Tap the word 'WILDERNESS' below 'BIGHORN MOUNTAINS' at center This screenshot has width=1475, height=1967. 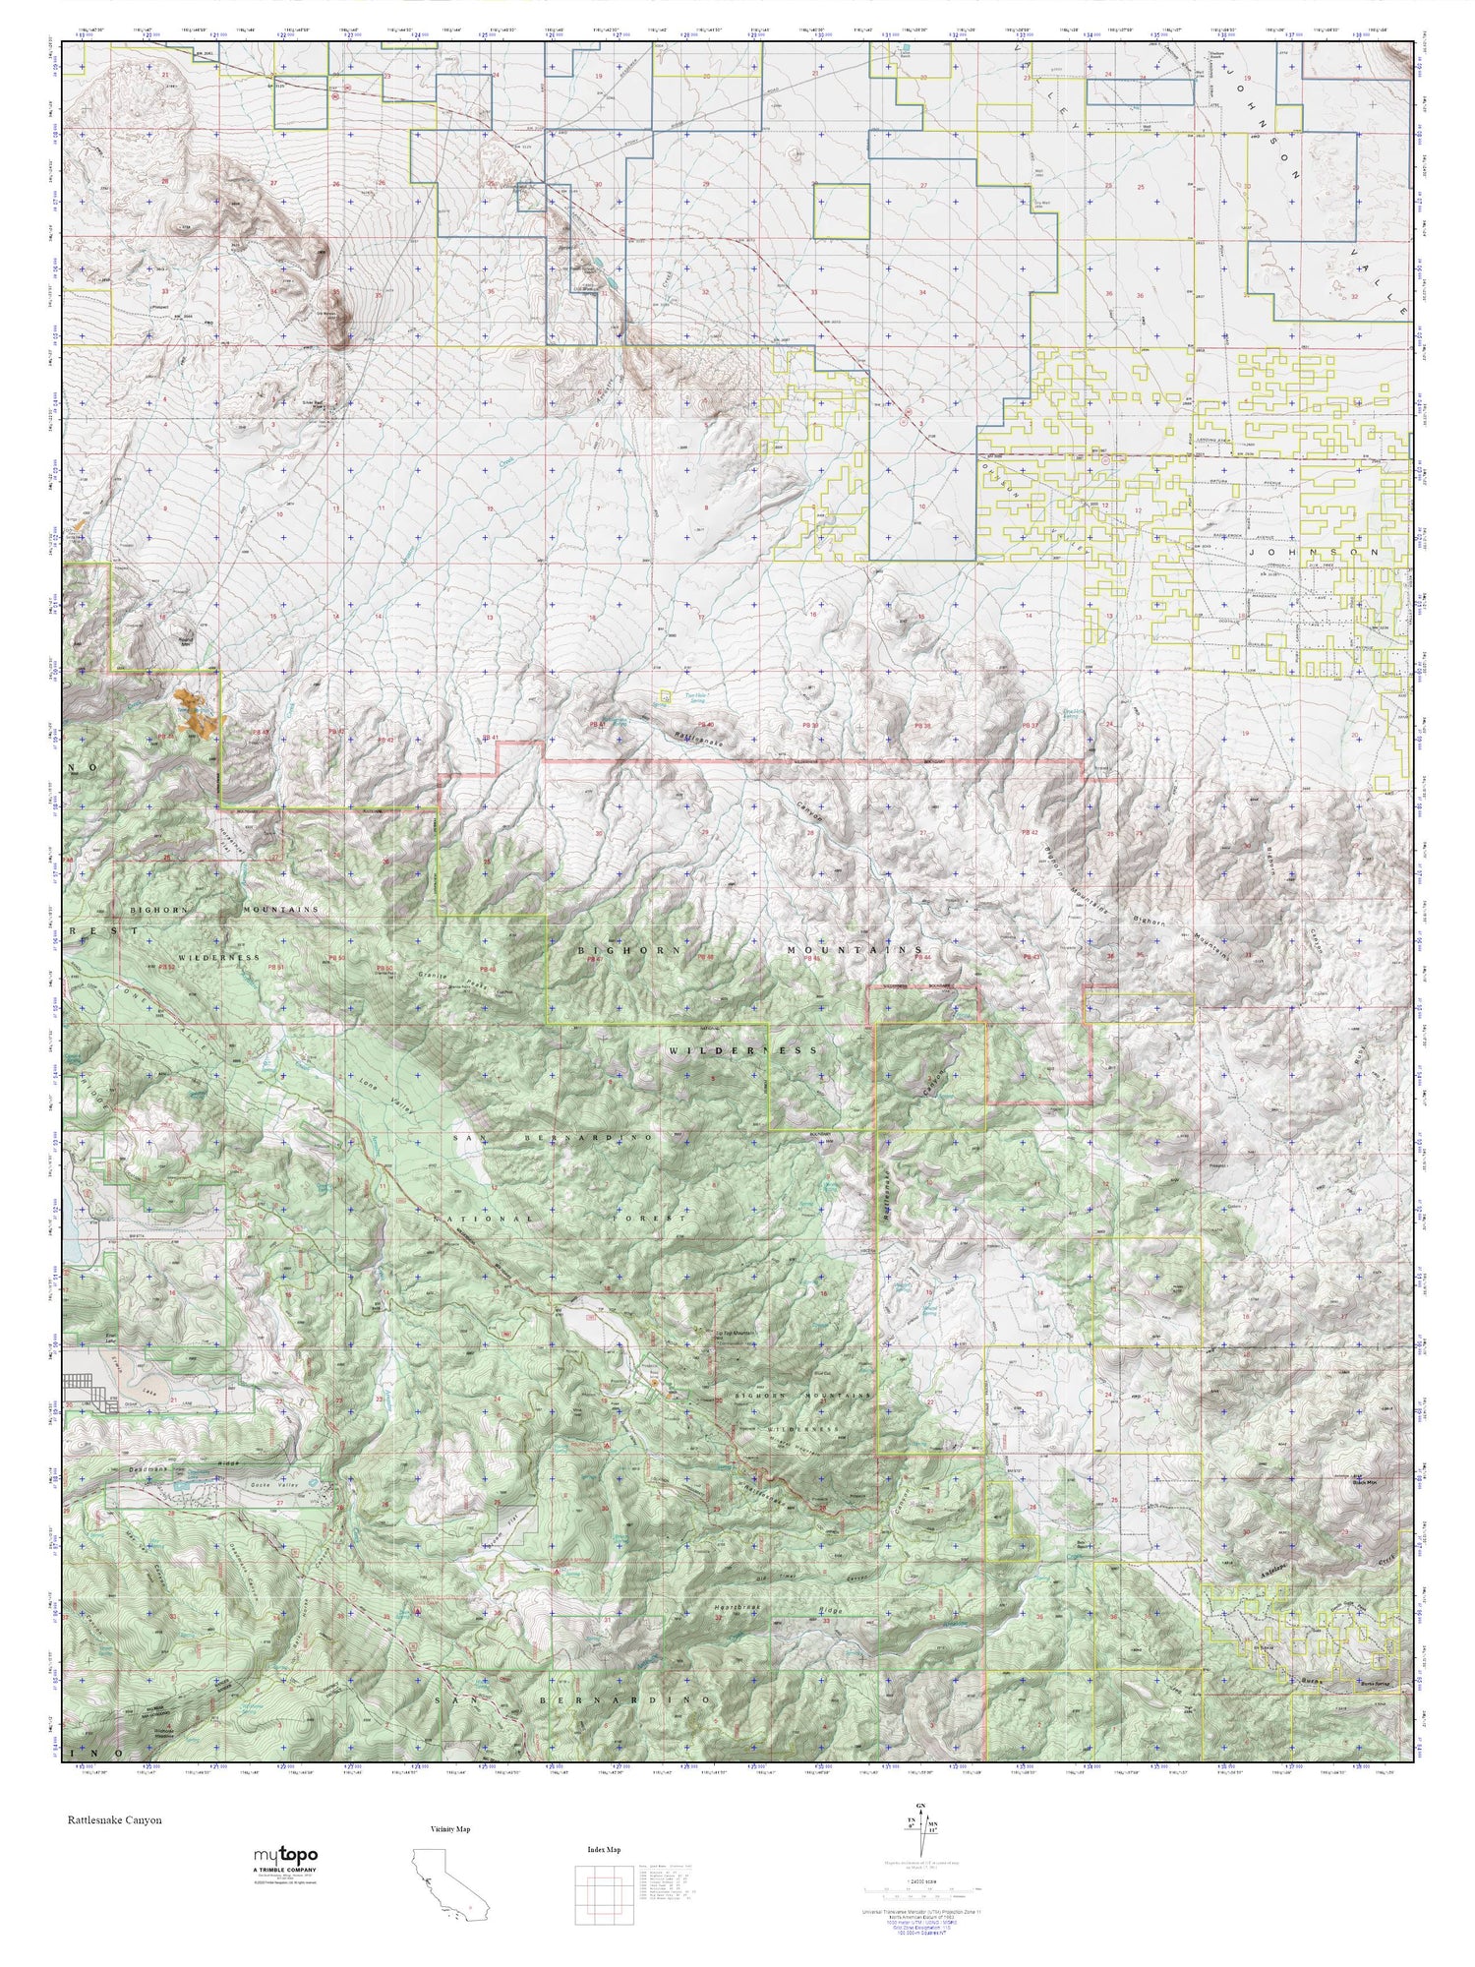(x=742, y=1050)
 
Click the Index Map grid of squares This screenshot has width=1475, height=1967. (x=603, y=1893)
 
